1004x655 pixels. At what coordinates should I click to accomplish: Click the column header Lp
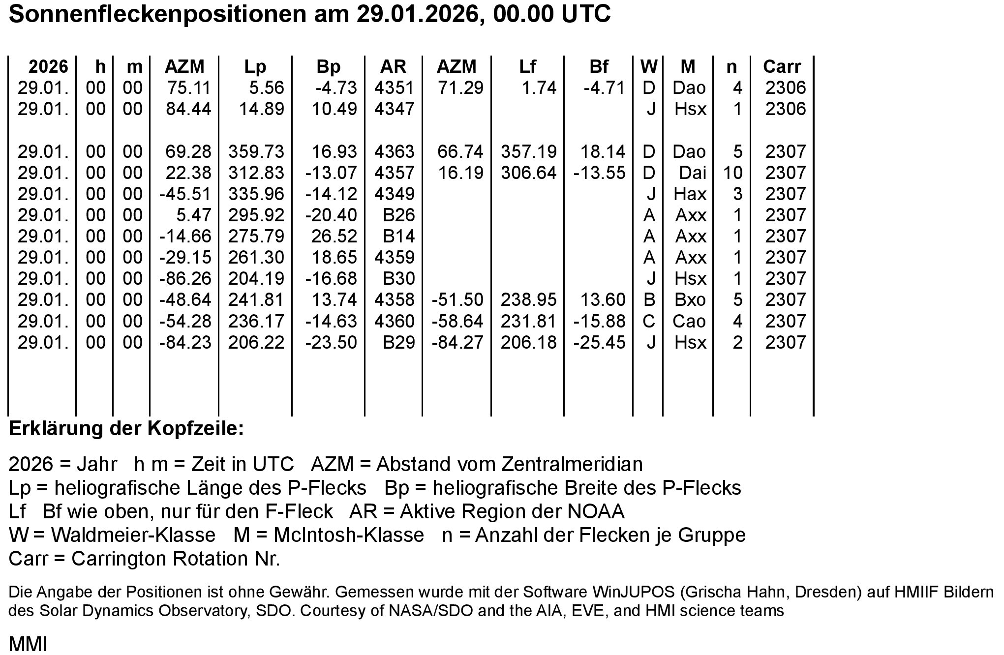tap(255, 67)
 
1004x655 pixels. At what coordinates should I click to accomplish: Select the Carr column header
tap(782, 67)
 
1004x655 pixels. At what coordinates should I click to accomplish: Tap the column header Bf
tap(599, 67)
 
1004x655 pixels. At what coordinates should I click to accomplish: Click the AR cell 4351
tap(394, 88)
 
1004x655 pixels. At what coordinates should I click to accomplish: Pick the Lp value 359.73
tap(256, 152)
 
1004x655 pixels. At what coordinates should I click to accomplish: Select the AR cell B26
tap(399, 215)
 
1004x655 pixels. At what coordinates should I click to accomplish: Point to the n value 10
tap(732, 173)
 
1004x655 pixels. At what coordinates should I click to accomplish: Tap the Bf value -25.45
tap(599, 343)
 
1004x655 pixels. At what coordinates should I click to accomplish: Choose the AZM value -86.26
tap(185, 279)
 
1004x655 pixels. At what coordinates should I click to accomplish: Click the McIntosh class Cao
tap(689, 322)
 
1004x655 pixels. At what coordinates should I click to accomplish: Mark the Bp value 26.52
tap(334, 237)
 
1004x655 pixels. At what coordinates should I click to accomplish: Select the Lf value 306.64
tap(528, 173)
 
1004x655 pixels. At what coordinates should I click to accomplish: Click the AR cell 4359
tap(394, 258)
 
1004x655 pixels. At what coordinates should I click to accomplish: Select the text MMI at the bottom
tap(28, 644)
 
